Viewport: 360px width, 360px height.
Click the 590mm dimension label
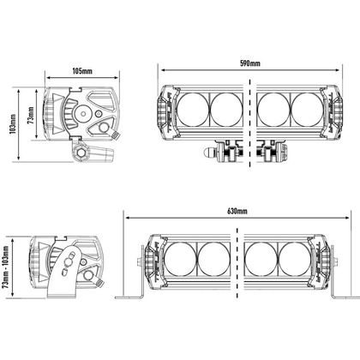pyautogui.click(x=249, y=63)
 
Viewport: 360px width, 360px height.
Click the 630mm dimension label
pyautogui.click(x=237, y=211)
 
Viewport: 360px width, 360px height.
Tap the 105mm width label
pyautogui.click(x=82, y=70)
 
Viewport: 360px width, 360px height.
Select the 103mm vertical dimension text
pyautogui.click(x=13, y=124)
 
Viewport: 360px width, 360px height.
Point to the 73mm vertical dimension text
pyautogui.click(x=31, y=115)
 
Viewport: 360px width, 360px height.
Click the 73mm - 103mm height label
pyautogui.click(x=6, y=267)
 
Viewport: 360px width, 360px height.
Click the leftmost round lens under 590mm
pyautogui.click(x=193, y=110)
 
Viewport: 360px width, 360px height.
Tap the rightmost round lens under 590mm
pyautogui.click(x=308, y=110)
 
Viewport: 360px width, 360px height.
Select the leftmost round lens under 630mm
pyautogui.click(x=181, y=259)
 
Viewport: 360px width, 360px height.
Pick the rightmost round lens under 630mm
pyautogui.click(x=295, y=259)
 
